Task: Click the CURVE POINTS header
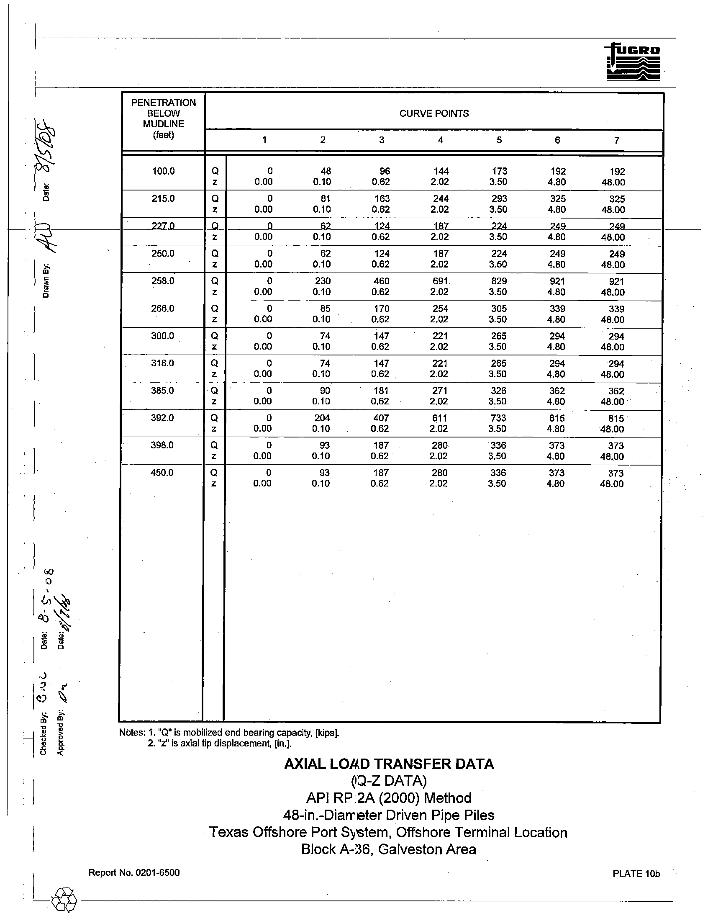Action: pos(433,113)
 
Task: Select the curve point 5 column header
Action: pos(499,140)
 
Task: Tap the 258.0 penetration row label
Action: pos(163,281)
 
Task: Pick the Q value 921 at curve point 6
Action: pos(557,281)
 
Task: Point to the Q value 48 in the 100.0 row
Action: pos(325,171)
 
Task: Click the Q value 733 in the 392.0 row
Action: pos(498,418)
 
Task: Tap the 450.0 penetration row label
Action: pos(162,473)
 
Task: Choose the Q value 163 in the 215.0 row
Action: pos(382,198)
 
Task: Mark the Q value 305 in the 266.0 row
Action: pos(498,309)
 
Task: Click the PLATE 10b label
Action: pos(636,874)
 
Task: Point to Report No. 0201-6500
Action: pos(134,872)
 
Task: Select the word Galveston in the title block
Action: pos(406,849)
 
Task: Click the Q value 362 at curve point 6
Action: pos(557,391)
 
